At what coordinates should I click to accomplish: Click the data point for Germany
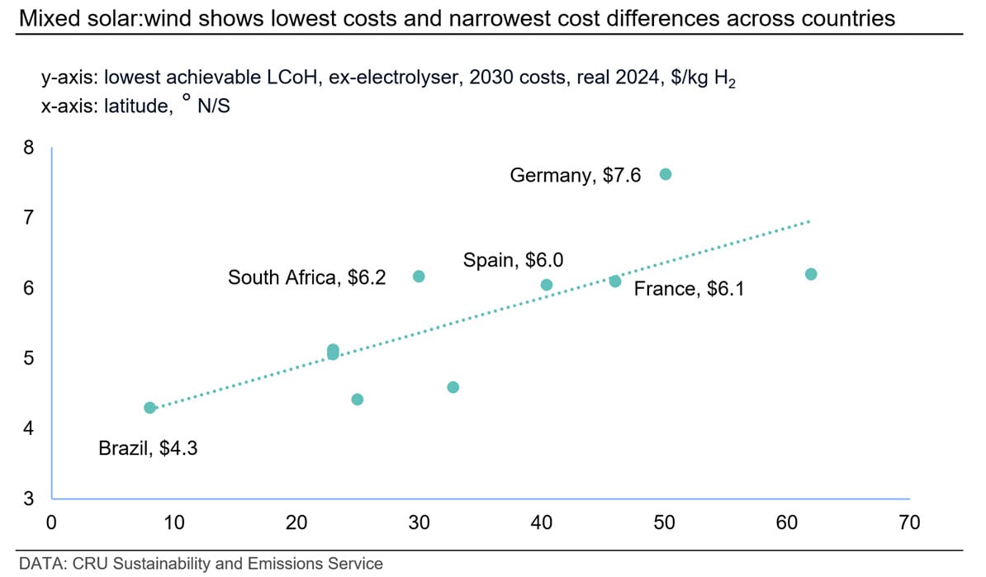[666, 174]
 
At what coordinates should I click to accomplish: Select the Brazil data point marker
[149, 408]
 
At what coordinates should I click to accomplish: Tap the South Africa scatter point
[419, 277]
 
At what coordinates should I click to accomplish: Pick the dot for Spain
[546, 285]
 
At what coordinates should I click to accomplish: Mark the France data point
[615, 281]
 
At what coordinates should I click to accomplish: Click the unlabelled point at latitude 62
[811, 274]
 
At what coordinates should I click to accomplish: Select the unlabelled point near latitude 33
[453, 387]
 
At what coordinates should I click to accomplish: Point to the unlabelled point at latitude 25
[358, 400]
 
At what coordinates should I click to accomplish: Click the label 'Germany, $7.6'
[575, 176]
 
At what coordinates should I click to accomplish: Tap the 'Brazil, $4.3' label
[148, 450]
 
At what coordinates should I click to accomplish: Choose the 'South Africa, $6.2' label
[306, 278]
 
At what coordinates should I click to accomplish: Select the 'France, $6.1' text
[689, 290]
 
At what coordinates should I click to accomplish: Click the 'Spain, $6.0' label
[513, 261]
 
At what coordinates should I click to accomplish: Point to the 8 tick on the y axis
[29, 149]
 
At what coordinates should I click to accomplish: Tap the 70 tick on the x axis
[908, 523]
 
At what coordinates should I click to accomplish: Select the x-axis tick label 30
[420, 523]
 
